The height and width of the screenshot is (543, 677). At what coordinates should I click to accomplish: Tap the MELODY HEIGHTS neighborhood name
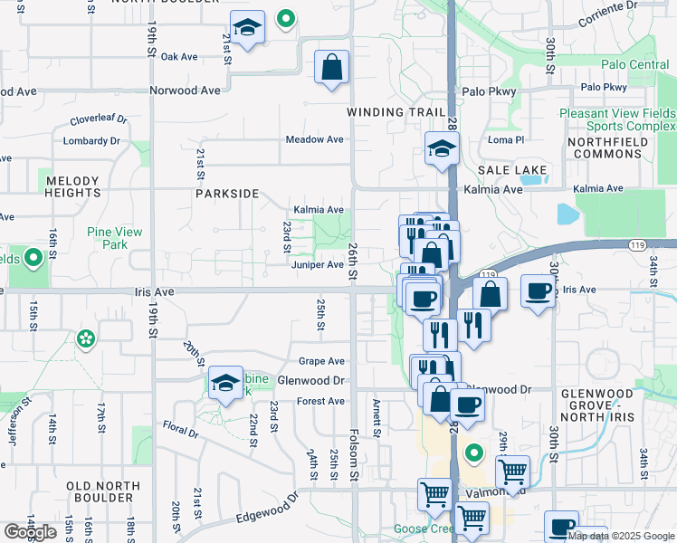click(x=73, y=187)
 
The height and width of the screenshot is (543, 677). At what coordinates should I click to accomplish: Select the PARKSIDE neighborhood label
click(x=227, y=194)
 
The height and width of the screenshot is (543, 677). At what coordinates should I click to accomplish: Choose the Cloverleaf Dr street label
click(x=99, y=119)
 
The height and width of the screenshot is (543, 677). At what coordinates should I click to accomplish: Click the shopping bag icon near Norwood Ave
click(x=332, y=66)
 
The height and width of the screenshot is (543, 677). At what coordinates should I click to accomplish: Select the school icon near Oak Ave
click(x=246, y=28)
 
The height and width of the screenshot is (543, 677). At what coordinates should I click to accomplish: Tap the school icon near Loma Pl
click(x=442, y=148)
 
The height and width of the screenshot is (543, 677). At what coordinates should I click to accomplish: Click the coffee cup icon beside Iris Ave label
click(x=539, y=291)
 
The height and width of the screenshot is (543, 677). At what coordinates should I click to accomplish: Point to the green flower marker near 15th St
click(x=86, y=339)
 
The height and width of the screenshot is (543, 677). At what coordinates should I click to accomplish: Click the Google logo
click(x=30, y=532)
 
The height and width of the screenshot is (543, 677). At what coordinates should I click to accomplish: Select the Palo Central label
click(x=635, y=65)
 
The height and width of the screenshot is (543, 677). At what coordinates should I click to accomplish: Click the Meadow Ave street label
click(x=315, y=139)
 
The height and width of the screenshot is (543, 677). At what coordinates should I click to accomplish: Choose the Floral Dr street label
click(x=180, y=427)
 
